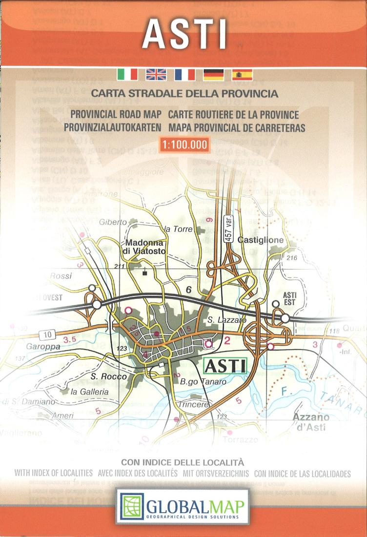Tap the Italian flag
click(128, 74)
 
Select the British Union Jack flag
click(156, 74)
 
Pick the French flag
click(184, 74)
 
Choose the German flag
click(213, 74)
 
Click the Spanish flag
click(242, 74)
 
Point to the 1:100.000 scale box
click(184, 145)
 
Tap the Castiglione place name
click(261, 240)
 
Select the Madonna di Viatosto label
click(146, 247)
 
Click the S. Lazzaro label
click(222, 320)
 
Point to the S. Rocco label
click(108, 376)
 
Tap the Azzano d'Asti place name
click(310, 421)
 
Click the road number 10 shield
click(47, 334)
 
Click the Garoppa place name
click(43, 347)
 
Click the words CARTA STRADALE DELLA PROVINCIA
click(184, 92)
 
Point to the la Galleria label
click(90, 392)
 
